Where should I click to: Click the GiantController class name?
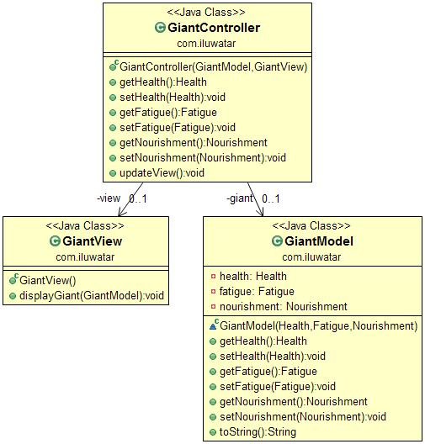(215, 28)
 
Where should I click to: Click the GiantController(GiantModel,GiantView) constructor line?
(214, 66)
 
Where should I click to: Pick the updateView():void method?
(162, 172)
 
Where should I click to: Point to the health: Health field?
(252, 276)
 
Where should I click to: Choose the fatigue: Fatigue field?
(254, 291)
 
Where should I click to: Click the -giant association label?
(240, 198)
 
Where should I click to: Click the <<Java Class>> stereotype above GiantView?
(84, 226)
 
